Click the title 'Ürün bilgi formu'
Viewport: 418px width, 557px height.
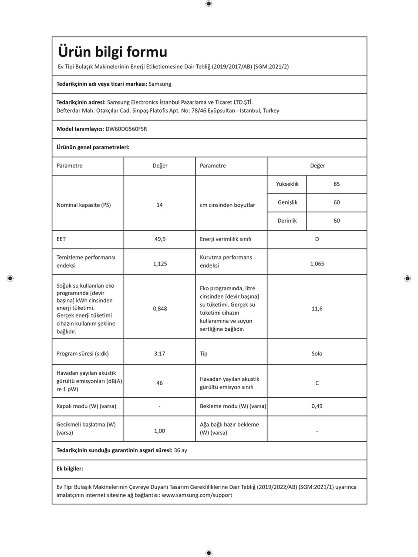[x=112, y=52]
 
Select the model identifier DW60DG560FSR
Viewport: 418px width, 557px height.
[x=126, y=129]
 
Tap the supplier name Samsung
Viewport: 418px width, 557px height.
[x=160, y=84]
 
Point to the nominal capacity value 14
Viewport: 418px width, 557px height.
[x=159, y=205]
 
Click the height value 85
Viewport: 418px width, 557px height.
[x=337, y=184]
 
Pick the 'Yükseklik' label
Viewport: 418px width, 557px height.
[x=287, y=184]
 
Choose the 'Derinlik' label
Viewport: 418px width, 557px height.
[x=287, y=221]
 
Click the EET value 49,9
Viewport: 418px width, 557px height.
[x=160, y=239]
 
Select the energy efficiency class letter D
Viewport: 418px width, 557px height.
[x=317, y=239]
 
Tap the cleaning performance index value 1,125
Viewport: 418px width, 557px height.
[x=160, y=264]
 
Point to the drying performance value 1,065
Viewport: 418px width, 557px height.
[x=317, y=264]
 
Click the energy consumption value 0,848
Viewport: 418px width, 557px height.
[x=160, y=309]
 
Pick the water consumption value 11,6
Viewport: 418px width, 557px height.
[x=317, y=309]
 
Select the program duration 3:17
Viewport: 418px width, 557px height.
[x=159, y=354]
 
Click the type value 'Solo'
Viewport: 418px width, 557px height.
[x=317, y=354]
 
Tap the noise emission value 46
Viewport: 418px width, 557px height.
[x=159, y=383]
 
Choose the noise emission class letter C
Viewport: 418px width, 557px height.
[x=317, y=383]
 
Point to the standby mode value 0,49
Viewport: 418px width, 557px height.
[x=317, y=406]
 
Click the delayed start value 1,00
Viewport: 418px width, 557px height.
[x=160, y=431]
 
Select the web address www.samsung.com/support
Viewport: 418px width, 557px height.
[x=197, y=495]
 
